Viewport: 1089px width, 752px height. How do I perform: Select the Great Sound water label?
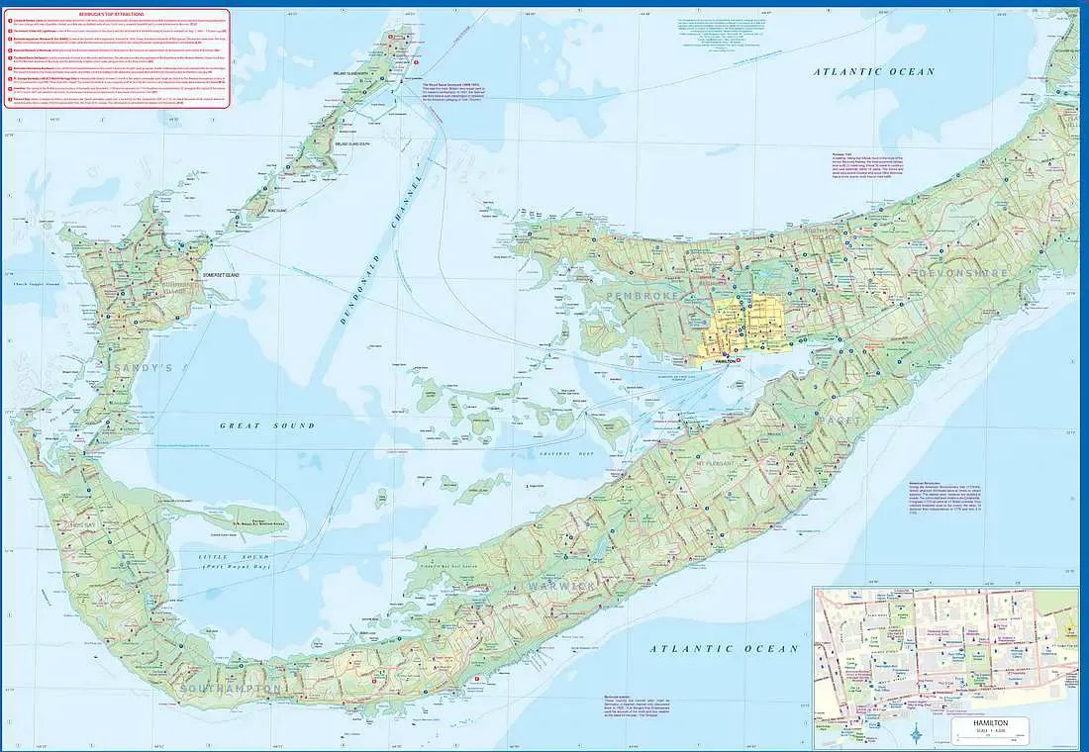click(267, 425)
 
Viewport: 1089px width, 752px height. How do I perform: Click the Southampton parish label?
click(231, 687)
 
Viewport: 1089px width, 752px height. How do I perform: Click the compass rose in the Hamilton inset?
click(918, 733)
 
